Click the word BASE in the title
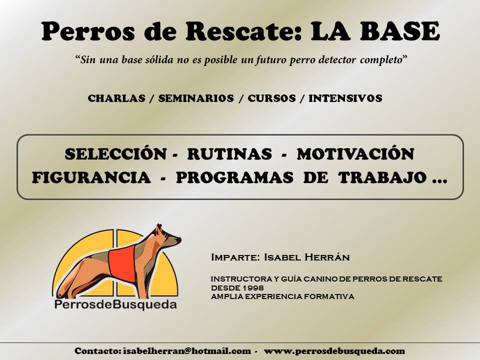click(x=399, y=31)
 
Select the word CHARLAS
click(x=116, y=98)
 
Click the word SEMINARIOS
click(x=196, y=98)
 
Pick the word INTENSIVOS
click(x=345, y=98)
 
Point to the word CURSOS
click(x=272, y=98)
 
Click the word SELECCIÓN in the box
click(x=115, y=153)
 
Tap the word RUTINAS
click(x=229, y=153)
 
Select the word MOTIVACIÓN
click(x=355, y=153)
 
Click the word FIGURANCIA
click(x=91, y=177)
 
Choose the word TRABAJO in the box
click(x=382, y=177)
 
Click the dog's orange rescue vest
click(x=123, y=265)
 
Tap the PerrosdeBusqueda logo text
click(x=115, y=304)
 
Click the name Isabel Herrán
click(x=306, y=257)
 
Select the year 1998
click(x=254, y=288)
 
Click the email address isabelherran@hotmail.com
click(x=187, y=351)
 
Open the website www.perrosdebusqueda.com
click(x=334, y=351)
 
